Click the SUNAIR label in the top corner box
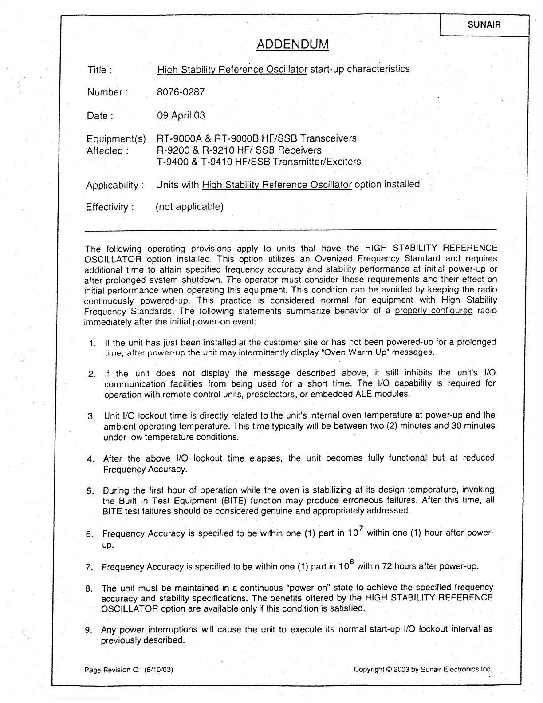coord(484,25)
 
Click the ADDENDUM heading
coord(293,44)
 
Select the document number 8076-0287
coord(181,92)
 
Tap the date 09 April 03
coord(181,115)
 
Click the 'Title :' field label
coord(99,70)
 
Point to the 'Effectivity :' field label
coord(110,207)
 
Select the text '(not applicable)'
coord(189,207)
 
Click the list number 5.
coord(90,491)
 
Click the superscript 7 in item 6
coord(361,528)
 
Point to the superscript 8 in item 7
coord(351,562)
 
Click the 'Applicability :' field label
coord(115,185)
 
